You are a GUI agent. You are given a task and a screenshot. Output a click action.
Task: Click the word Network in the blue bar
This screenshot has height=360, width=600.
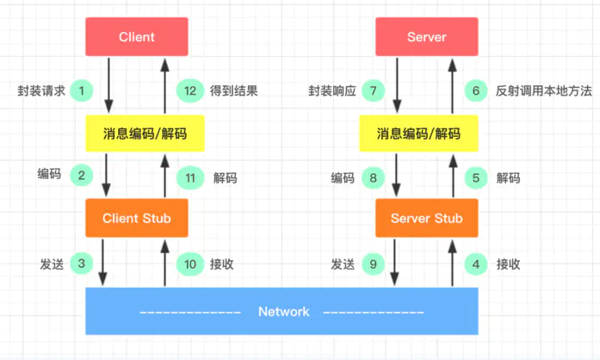(x=283, y=311)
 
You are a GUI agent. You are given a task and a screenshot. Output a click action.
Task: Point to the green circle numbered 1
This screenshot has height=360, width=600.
(x=81, y=90)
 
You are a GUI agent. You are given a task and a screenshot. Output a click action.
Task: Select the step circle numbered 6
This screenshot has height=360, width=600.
(x=478, y=90)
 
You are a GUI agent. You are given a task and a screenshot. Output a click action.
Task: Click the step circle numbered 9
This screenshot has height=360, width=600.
(x=372, y=264)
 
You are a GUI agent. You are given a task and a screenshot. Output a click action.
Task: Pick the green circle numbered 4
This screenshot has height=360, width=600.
(x=478, y=264)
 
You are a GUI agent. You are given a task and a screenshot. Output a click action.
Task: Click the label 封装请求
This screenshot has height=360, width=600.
(x=41, y=90)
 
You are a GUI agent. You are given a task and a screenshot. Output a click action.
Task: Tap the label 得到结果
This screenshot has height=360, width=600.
(x=234, y=90)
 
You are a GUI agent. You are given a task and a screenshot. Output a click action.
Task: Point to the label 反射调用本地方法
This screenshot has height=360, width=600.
(x=543, y=90)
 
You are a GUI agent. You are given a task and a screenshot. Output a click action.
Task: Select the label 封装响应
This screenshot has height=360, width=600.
(x=332, y=90)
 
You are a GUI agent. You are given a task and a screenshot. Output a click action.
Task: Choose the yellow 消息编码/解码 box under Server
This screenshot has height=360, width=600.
(x=418, y=133)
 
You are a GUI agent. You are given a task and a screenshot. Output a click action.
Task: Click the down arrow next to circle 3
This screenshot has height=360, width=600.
(x=105, y=262)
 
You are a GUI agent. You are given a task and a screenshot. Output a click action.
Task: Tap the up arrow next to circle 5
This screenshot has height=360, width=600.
(x=450, y=177)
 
